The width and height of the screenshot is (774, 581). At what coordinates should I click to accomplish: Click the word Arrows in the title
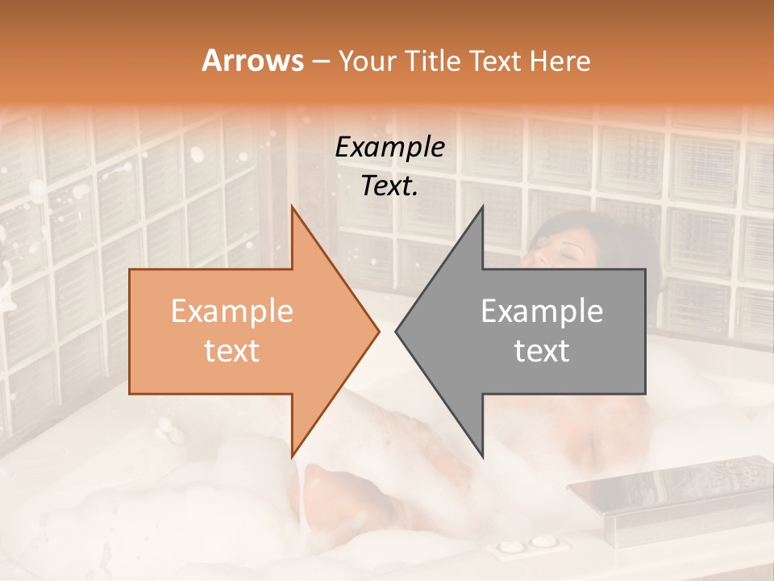click(x=252, y=61)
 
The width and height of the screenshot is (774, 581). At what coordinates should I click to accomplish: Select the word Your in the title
click(x=368, y=61)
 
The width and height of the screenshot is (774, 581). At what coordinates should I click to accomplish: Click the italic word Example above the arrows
click(x=389, y=148)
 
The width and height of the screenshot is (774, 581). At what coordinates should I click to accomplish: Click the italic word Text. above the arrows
click(x=389, y=186)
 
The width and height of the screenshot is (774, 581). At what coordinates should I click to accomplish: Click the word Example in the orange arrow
click(x=231, y=311)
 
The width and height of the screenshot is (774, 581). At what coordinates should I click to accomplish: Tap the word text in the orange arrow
click(x=231, y=350)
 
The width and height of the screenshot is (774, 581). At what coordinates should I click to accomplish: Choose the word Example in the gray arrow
click(x=542, y=311)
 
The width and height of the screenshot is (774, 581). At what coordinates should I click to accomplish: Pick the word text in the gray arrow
click(x=542, y=350)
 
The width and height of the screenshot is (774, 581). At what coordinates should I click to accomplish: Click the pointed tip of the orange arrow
click(x=378, y=331)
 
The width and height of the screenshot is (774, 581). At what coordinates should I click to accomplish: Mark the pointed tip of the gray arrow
click(x=397, y=331)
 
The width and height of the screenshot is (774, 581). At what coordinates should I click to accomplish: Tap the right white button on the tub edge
click(x=544, y=541)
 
